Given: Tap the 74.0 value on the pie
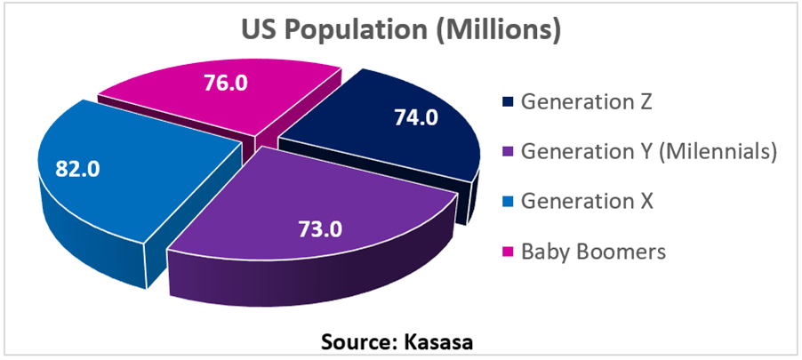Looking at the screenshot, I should click(415, 117).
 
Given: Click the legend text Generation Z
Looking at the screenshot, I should click(587, 100).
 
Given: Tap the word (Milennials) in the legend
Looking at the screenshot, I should click(717, 152).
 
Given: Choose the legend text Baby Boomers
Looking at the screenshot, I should click(593, 252).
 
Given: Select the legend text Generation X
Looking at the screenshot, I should click(587, 202).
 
